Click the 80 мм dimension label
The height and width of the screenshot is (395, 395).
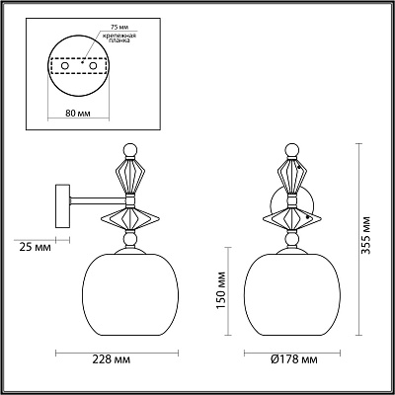click(x=78, y=114)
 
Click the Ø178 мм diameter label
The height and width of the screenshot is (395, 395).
click(x=294, y=359)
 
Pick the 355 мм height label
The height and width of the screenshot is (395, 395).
click(x=366, y=235)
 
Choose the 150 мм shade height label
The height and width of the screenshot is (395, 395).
click(x=221, y=290)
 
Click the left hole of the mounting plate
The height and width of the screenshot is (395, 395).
click(x=65, y=66)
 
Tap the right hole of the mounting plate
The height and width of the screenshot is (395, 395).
click(x=94, y=66)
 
